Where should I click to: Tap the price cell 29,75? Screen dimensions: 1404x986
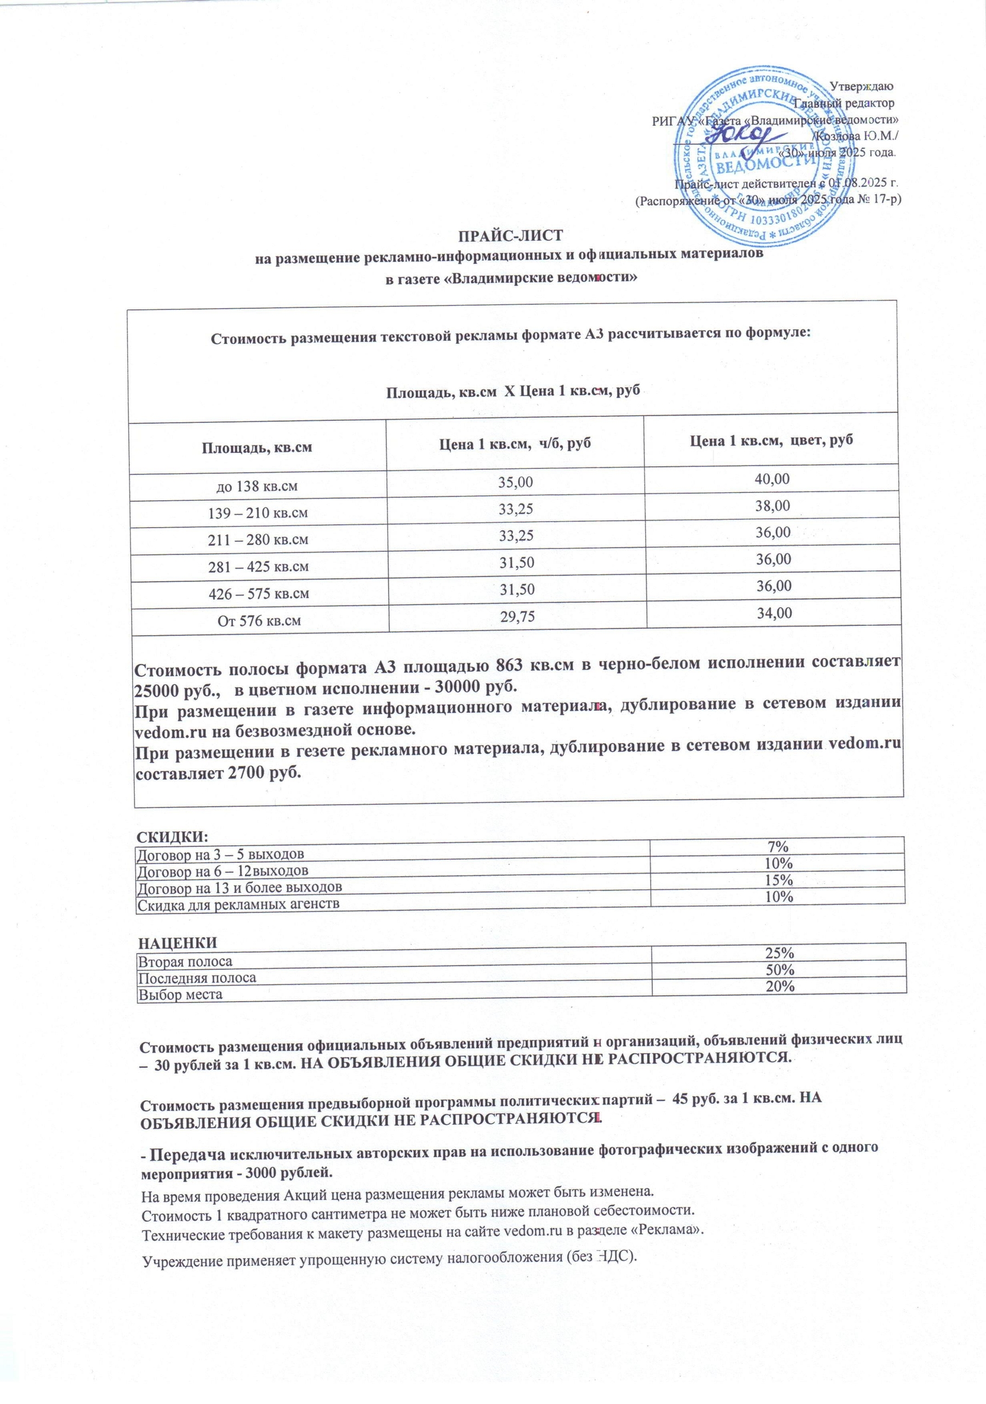click(517, 617)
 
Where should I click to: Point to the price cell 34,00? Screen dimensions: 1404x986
click(774, 613)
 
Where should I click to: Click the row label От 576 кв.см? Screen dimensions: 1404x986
click(260, 621)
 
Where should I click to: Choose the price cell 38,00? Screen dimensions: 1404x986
click(773, 506)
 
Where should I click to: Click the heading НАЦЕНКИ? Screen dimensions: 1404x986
click(176, 942)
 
